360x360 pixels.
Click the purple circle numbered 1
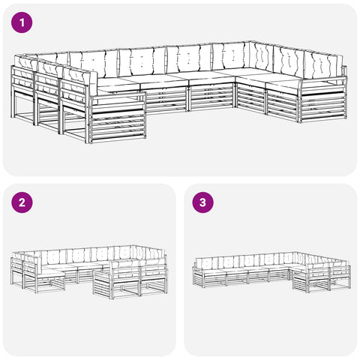click(x=22, y=22)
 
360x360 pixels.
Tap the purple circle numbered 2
click(x=22, y=202)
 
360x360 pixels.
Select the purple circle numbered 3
click(x=202, y=202)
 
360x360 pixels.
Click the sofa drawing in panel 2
click(x=89, y=272)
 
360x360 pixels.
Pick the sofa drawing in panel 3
click(x=271, y=272)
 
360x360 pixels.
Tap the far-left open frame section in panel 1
click(x=22, y=105)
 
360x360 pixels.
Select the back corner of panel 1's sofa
click(x=250, y=42)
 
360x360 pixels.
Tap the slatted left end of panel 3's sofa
click(x=199, y=277)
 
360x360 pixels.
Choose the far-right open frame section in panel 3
click(x=340, y=277)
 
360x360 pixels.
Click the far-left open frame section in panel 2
click(x=17, y=272)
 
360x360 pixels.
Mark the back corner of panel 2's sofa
click(x=133, y=245)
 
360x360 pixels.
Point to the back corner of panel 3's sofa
click(x=296, y=252)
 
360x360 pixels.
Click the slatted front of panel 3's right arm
click(x=301, y=280)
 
